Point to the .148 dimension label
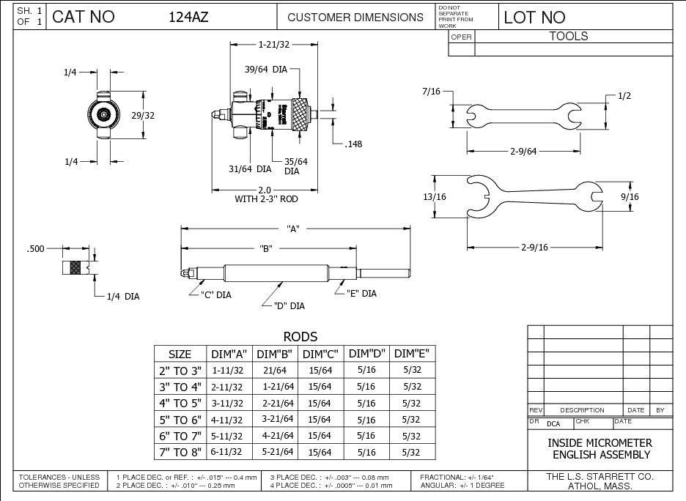[x=353, y=144]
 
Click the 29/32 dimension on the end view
[x=152, y=114]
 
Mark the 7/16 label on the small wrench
[x=432, y=92]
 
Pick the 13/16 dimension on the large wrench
[x=434, y=197]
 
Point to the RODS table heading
[x=300, y=337]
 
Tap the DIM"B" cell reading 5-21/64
[x=277, y=451]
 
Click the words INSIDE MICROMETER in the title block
[x=600, y=444]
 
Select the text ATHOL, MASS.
[x=600, y=486]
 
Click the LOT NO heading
[x=535, y=17]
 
